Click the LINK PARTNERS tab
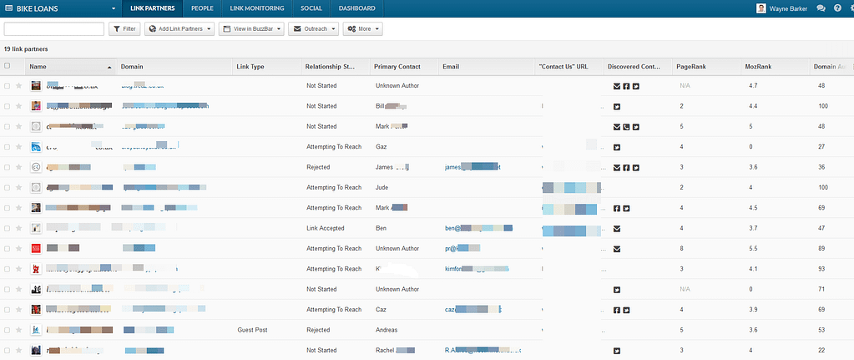coord(154,8)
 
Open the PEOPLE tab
coord(202,8)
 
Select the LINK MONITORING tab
coord(257,8)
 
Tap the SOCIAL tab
coord(311,8)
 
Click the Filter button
coord(124,29)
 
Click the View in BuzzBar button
coord(251,29)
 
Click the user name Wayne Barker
coord(789,8)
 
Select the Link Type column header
coord(250,66)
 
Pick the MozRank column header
coord(758,66)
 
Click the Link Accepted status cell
coord(325,228)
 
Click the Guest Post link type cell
coord(253,330)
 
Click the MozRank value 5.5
coord(754,248)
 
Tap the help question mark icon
coord(837,8)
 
